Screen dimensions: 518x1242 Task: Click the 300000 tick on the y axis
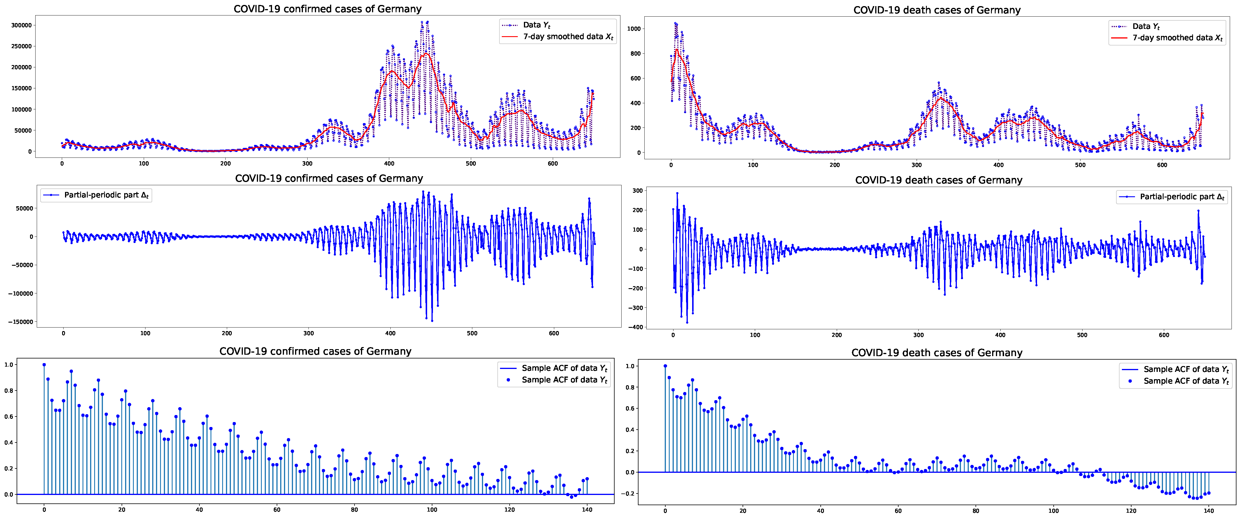pyautogui.click(x=21, y=25)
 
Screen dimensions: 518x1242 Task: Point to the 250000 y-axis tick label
pyautogui.click(x=21, y=46)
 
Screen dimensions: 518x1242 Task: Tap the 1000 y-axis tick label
pyautogui.click(x=634, y=29)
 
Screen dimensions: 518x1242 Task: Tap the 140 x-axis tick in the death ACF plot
pyautogui.click(x=1208, y=511)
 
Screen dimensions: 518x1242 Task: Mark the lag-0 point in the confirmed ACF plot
pyautogui.click(x=44, y=365)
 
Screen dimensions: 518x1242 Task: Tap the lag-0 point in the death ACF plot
pyautogui.click(x=665, y=366)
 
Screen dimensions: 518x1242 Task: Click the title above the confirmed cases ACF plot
pyautogui.click(x=315, y=351)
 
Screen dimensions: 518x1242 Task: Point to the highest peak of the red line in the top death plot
pyautogui.click(x=677, y=49)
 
